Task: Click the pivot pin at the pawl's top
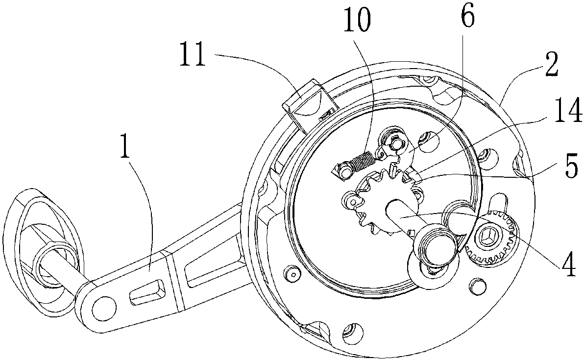tap(395, 144)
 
